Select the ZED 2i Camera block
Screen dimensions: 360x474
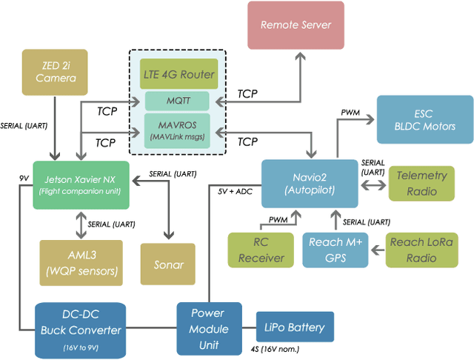pos(50,72)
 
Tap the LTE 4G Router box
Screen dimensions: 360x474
pos(178,74)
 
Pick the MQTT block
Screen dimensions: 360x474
pos(178,100)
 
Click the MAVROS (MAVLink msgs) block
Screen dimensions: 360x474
pos(178,130)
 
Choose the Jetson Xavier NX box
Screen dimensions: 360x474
pos(81,184)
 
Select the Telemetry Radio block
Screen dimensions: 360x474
pos(421,183)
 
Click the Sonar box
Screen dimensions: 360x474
pos(168,264)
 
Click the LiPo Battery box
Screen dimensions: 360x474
pos(294,327)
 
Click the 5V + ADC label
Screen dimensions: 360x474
pos(236,191)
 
